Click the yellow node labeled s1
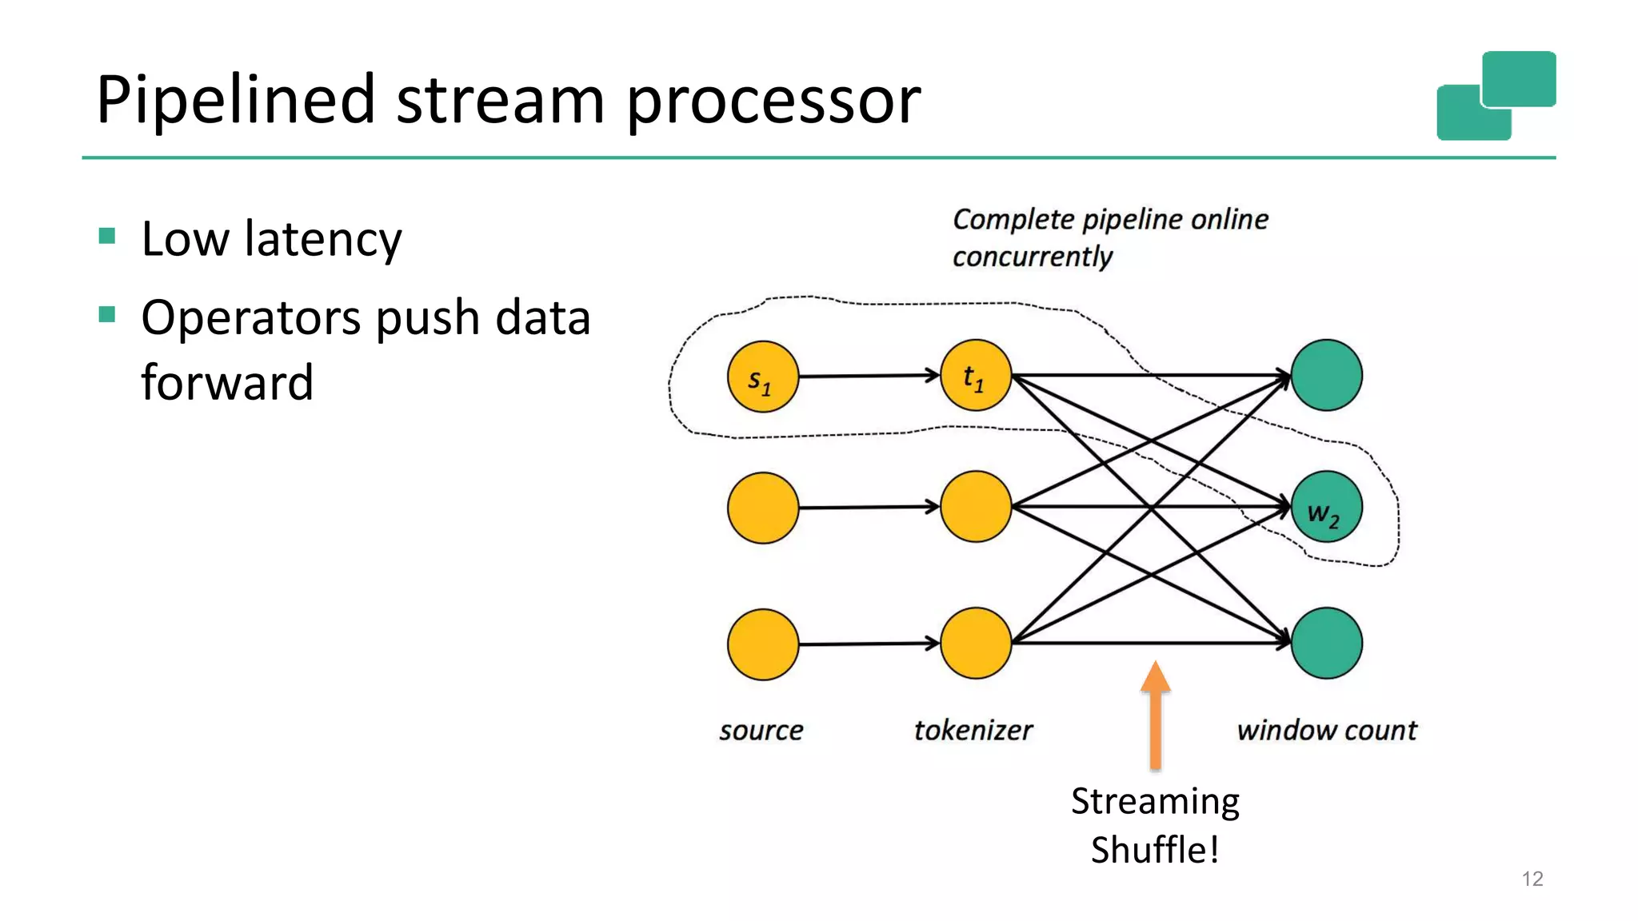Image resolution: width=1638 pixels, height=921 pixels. tap(762, 377)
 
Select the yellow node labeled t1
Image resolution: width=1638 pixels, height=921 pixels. tap(975, 376)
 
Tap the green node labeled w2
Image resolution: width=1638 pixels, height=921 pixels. tap(1326, 507)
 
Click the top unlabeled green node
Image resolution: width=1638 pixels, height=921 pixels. tap(1326, 375)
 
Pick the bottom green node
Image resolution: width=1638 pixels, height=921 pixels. tap(1326, 643)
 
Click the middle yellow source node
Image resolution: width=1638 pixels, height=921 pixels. tap(762, 508)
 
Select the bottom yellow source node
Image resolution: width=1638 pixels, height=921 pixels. tap(762, 644)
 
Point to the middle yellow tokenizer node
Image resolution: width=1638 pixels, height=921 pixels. tap(975, 507)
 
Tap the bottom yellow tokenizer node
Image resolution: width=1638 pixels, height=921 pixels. tap(975, 643)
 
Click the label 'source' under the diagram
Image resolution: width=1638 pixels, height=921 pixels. tap(761, 730)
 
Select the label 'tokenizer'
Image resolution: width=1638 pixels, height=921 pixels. tap(973, 730)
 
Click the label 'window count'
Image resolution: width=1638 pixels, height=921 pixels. tap(1326, 730)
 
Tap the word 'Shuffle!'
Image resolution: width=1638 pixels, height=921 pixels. tap(1154, 850)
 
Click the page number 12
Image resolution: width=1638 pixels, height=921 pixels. tap(1532, 879)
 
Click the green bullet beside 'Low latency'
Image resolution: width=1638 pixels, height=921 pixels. tap(107, 236)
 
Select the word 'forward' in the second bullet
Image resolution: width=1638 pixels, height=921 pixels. tap(227, 382)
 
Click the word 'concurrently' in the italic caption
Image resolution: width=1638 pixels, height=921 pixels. tap(1032, 257)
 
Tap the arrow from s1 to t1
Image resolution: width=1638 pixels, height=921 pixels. tap(868, 376)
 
